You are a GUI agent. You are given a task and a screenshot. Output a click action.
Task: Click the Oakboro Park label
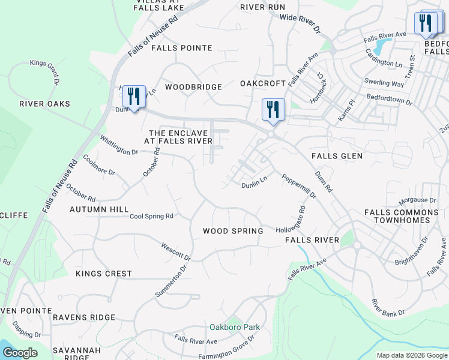coord(235,327)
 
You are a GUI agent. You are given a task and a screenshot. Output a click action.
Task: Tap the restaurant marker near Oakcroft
coord(273,110)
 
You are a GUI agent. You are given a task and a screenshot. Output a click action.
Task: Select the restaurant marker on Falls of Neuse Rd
coord(134,96)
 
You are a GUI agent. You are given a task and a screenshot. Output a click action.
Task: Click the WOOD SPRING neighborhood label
coord(233,231)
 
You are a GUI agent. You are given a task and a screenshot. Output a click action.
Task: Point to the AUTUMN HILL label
coord(99,209)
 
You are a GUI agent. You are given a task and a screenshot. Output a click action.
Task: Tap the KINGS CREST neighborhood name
coord(104,274)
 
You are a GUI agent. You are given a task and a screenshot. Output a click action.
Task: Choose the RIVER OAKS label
coord(44,104)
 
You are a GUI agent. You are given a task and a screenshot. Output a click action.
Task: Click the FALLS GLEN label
coord(337,156)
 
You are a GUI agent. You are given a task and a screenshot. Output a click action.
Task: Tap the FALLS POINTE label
coord(182,48)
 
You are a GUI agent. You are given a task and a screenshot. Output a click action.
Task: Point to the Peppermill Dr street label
coord(298,188)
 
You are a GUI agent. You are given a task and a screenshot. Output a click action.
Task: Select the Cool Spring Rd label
coord(151,216)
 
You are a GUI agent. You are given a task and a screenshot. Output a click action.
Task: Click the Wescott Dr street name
coord(176,251)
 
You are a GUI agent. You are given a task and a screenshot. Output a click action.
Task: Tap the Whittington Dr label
coord(119,145)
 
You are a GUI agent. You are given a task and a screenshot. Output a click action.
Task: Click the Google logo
coord(20,353)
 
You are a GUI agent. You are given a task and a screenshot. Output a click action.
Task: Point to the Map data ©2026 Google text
coord(412,355)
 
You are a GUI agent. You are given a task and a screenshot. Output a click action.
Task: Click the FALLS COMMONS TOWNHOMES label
coord(402,217)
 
